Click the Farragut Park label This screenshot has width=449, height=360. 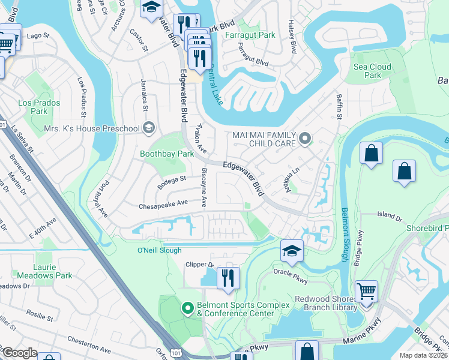click(250, 35)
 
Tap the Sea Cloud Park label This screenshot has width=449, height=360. click(372, 71)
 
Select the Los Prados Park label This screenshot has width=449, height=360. click(32, 107)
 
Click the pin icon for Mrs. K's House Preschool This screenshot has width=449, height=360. click(148, 128)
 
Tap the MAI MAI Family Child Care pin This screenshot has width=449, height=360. click(305, 140)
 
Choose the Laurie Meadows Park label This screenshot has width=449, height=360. click(44, 271)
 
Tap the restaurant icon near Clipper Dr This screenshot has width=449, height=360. click(228, 278)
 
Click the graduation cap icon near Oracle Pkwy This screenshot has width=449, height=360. click(292, 250)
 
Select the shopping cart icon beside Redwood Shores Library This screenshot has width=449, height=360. click(366, 292)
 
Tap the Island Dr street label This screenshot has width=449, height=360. click(389, 215)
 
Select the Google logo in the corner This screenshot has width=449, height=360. click(20, 353)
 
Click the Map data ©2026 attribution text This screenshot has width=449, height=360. click(423, 355)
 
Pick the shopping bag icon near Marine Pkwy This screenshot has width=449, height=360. click(307, 351)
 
